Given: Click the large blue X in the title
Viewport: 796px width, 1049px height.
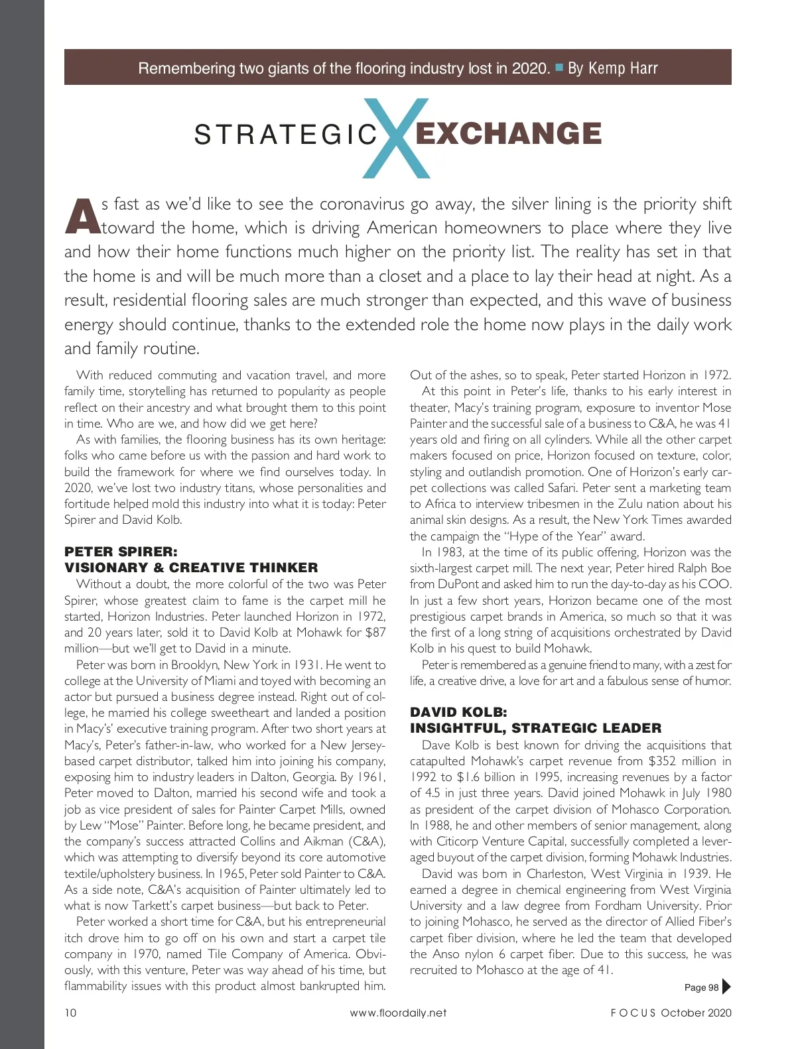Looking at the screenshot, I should tap(397, 138).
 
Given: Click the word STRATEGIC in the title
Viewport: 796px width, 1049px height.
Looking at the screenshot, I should tap(286, 135).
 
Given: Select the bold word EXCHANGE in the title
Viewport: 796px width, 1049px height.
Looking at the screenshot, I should tap(508, 134).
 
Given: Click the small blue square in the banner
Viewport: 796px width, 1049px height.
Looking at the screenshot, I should tap(559, 67).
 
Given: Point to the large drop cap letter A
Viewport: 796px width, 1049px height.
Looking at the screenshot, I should tap(82, 216).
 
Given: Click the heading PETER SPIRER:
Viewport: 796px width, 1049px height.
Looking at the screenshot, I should tap(121, 552).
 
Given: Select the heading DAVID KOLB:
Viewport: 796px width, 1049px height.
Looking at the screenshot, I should tap(458, 712).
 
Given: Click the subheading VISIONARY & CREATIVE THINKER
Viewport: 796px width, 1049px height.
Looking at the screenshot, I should tap(191, 568).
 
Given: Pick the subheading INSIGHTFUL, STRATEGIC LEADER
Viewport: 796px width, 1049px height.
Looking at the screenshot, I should tap(535, 728).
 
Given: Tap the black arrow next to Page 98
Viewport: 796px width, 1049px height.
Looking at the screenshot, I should tap(726, 987).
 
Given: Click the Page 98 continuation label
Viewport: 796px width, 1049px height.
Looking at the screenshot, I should tap(701, 987).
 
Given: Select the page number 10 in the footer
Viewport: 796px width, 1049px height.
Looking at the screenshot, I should tap(70, 1013).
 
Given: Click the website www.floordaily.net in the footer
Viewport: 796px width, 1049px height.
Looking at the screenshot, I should tap(398, 1013).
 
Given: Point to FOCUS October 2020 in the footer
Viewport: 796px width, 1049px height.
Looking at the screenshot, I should tap(671, 1013).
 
